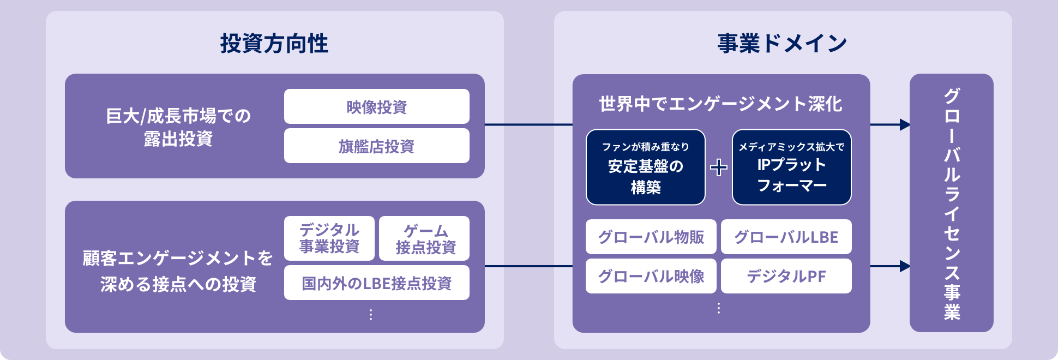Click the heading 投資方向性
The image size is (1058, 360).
274,44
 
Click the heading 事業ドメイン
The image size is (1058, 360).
782,44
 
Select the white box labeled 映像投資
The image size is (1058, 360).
376,107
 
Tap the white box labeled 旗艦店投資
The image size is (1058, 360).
376,146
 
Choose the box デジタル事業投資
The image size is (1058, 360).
329,238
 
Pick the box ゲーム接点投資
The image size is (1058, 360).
425,238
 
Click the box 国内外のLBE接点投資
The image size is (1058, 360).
376,283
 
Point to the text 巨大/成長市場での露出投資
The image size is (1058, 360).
178,127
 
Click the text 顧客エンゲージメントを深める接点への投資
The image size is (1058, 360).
178,271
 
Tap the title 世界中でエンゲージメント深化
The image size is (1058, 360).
720,104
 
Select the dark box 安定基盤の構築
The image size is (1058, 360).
646,167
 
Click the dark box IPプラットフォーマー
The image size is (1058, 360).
791,167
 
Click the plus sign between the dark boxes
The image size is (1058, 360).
719,167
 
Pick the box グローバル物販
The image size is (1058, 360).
651,237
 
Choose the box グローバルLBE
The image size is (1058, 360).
786,237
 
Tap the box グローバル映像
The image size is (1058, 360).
651,277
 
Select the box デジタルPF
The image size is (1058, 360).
786,277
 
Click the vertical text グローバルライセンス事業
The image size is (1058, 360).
952,203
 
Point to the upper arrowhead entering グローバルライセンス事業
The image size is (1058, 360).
905,125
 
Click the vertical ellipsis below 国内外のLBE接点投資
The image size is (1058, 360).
371,315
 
